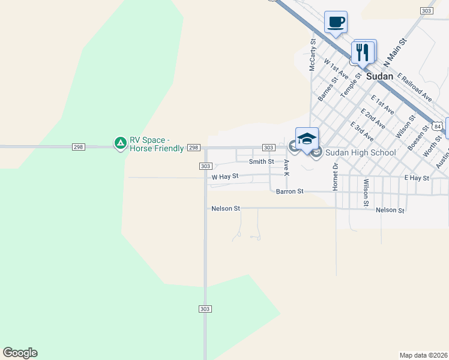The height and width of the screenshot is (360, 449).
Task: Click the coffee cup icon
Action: pos(336,22)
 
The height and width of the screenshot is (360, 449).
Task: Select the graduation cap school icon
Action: pos(307,139)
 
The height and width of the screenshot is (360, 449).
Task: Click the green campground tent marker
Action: pos(120,143)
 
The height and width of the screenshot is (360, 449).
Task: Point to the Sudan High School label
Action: pos(360,152)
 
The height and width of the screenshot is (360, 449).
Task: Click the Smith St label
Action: pos(261,161)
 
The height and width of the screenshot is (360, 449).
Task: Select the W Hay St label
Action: pos(225,176)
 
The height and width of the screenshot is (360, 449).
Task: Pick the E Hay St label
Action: pos(417,178)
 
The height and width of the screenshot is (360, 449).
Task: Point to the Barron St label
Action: pos(290,191)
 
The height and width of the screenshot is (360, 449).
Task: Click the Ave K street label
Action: pos(286,167)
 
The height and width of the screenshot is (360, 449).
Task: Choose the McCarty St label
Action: pos(312,55)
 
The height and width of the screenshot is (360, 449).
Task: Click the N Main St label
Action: pos(395,53)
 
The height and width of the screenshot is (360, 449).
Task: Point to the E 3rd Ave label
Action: pos(362,131)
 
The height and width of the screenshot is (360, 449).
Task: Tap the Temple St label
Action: pos(352,85)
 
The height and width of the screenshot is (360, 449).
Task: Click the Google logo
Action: pos(20,353)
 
